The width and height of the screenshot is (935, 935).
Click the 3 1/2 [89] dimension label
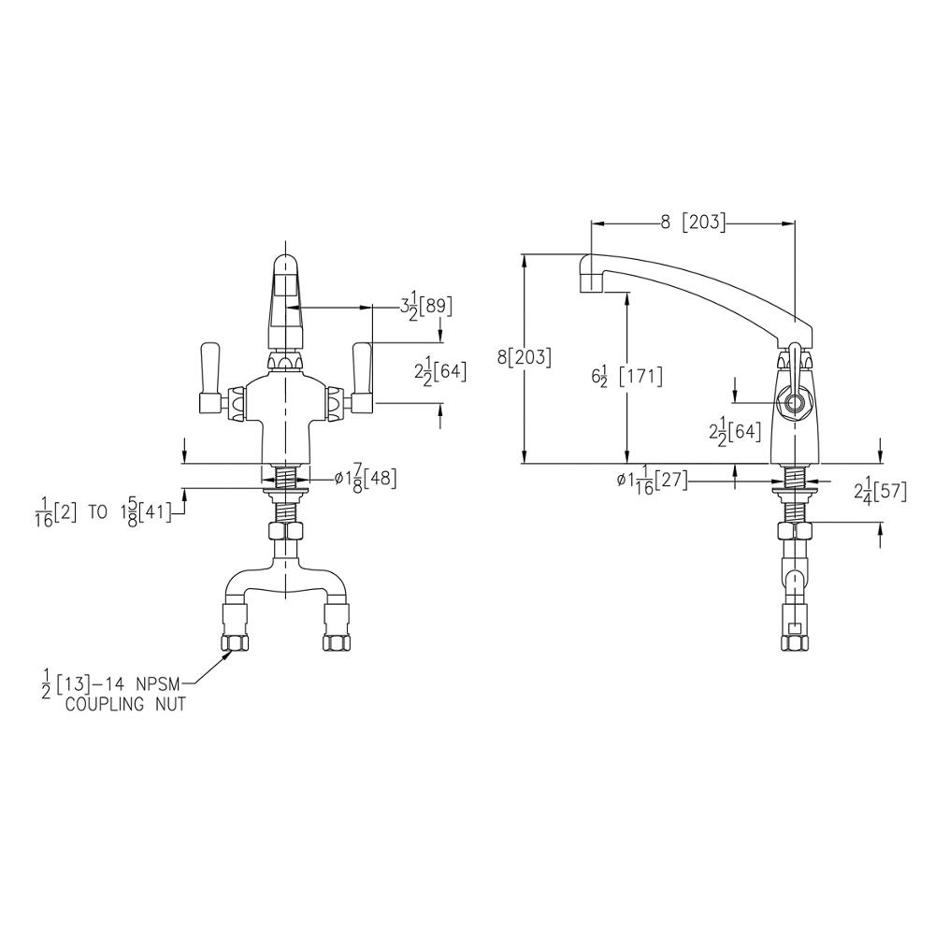click(422, 306)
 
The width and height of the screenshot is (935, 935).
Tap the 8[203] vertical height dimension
click(524, 356)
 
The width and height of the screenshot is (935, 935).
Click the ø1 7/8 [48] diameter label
click(365, 478)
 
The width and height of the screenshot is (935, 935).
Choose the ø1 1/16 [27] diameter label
click(651, 480)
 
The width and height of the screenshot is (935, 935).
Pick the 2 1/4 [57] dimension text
click(880, 491)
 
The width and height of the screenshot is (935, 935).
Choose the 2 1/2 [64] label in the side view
click(735, 431)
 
